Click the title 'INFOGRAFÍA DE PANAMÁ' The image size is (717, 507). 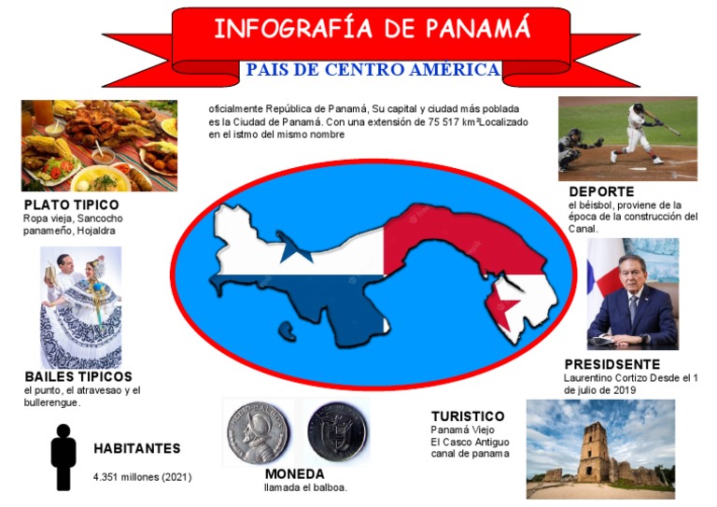pos(372,28)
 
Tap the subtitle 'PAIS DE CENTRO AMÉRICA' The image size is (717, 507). pos(372,70)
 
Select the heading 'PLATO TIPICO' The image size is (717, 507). pos(72,204)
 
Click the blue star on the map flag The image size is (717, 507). pos(296,250)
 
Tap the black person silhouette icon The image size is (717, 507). pos(63,457)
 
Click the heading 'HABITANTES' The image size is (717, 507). pos(136,448)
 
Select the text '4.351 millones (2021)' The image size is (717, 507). pos(142,477)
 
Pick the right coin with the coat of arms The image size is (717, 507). pos(337,431)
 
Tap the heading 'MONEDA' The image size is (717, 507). pos(294,473)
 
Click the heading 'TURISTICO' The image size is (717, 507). pos(468,415)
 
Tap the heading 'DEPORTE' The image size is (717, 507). pos(600,191)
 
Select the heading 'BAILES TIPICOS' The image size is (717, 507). pos(78,376)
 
